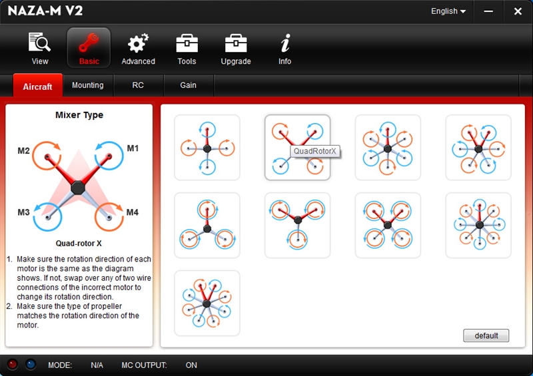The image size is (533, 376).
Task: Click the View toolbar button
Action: click(40, 48)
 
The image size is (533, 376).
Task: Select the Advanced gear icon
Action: click(138, 43)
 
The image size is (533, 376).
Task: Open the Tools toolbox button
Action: click(187, 48)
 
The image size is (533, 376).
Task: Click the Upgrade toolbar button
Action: click(236, 48)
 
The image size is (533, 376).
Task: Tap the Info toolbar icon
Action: click(285, 48)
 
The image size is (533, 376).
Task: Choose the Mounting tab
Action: click(88, 85)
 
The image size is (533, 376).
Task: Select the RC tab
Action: click(138, 85)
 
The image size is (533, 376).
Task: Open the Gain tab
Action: click(188, 85)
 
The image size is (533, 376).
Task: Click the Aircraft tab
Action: click(38, 87)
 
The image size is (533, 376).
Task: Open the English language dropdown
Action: click(448, 11)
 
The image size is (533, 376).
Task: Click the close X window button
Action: click(518, 11)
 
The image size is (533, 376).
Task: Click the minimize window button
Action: click(488, 11)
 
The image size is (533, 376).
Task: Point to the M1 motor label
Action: click(133, 148)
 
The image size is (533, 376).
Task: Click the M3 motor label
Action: click(23, 212)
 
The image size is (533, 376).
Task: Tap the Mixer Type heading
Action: click(79, 115)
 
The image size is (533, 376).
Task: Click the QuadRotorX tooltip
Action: click(314, 151)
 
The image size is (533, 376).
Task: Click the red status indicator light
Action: click(13, 364)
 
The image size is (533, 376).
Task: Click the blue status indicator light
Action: click(31, 364)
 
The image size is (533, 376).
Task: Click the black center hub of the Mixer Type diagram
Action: click(78, 188)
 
